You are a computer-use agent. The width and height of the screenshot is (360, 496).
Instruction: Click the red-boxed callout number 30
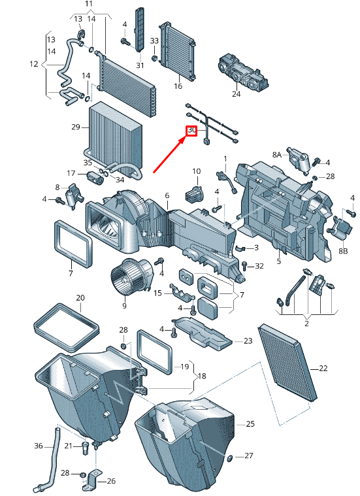tap(191, 130)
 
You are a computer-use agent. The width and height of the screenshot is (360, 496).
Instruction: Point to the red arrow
tap(169, 154)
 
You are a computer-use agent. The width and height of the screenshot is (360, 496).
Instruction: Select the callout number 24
tap(236, 94)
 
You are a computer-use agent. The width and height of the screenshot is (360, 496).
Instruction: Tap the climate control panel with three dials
tap(243, 73)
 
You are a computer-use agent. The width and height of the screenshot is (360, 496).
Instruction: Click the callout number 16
tap(178, 86)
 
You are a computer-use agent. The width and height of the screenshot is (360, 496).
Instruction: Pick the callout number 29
tap(76, 127)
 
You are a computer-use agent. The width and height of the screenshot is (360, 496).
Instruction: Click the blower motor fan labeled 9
tap(131, 276)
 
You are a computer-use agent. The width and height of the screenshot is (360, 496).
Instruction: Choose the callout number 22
tap(323, 368)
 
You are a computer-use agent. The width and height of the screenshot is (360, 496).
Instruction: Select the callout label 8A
tap(276, 154)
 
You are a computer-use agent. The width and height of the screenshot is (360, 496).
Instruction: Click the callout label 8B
tap(343, 251)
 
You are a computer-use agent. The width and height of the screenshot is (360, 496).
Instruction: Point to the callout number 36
tap(39, 446)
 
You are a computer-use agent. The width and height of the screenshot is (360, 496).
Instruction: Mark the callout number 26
tap(111, 481)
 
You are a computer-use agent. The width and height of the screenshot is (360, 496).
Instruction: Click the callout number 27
tap(249, 455)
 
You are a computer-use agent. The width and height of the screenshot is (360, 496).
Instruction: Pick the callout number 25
tap(250, 423)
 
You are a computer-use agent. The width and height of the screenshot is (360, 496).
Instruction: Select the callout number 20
tap(80, 297)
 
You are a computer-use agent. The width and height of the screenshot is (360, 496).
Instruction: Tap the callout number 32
tap(259, 266)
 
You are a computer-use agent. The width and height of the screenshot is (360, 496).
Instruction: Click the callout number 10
tap(197, 171)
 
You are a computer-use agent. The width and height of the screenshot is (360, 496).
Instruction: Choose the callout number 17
tap(71, 173)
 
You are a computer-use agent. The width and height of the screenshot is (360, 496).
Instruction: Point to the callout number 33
tap(154, 41)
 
